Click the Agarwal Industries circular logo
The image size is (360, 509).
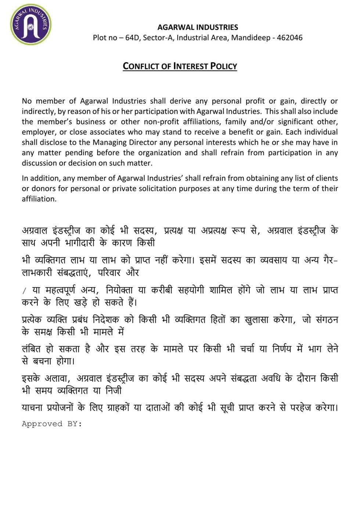tap(30, 24)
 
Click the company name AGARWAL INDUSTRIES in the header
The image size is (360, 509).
tap(198, 27)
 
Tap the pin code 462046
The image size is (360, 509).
tap(289, 37)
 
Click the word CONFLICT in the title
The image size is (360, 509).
tap(141, 66)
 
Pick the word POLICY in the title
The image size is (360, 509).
tap(223, 66)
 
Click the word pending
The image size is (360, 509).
tap(80, 152)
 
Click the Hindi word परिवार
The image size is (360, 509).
tap(109, 272)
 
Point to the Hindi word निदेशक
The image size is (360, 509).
tap(106, 320)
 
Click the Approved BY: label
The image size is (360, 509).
tap(52, 424)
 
